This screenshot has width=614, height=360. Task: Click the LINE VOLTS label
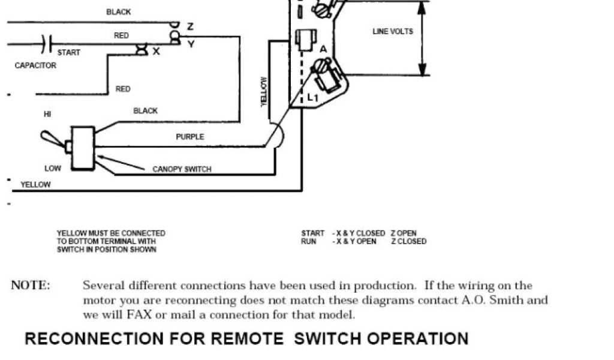(393, 31)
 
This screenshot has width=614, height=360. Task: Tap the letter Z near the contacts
(190, 26)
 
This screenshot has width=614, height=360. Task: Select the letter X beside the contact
(156, 52)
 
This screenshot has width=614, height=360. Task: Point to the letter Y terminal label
(191, 43)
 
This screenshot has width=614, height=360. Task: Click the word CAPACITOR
(35, 65)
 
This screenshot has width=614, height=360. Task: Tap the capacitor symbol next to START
(47, 43)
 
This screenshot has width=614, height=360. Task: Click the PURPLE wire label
(189, 137)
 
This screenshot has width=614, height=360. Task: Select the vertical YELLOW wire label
(263, 92)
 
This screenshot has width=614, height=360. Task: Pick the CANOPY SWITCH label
(182, 169)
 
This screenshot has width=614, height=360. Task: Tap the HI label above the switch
(47, 113)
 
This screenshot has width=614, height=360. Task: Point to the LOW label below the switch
(53, 169)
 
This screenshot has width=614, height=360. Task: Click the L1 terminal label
(312, 97)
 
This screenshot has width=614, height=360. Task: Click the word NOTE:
(31, 286)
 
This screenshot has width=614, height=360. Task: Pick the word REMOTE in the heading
(246, 338)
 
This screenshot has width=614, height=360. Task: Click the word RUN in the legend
(308, 241)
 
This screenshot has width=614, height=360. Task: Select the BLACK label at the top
(118, 12)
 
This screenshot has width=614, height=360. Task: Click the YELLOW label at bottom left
(35, 185)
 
